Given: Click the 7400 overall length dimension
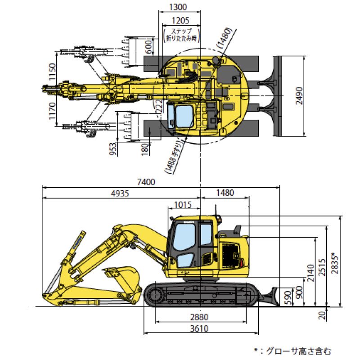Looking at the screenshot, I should pyautogui.click(x=146, y=182).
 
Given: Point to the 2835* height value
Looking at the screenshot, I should pyautogui.click(x=334, y=261).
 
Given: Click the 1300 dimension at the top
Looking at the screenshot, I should pyautogui.click(x=179, y=7).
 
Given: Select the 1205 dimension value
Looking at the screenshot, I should pyautogui.click(x=180, y=20).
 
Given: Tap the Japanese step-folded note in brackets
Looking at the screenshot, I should pyautogui.click(x=182, y=35).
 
